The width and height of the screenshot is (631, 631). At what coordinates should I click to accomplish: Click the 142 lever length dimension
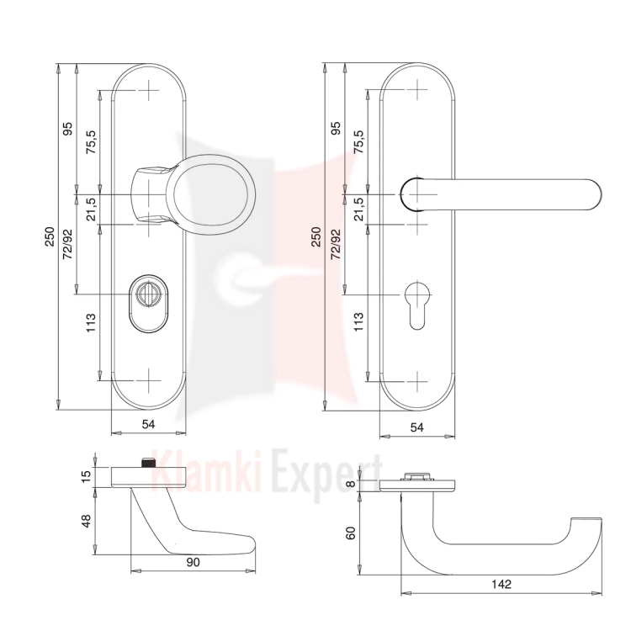pyautogui.click(x=501, y=584)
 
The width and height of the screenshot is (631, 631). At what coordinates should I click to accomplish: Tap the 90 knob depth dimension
pyautogui.click(x=193, y=562)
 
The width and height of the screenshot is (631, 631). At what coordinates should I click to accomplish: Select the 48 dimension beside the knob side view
pyautogui.click(x=86, y=521)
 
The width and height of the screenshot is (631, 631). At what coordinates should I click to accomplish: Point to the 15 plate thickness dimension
pyautogui.click(x=86, y=477)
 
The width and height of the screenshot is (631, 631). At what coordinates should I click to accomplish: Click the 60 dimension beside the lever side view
pyautogui.click(x=351, y=533)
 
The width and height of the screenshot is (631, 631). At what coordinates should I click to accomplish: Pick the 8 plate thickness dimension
pyautogui.click(x=351, y=483)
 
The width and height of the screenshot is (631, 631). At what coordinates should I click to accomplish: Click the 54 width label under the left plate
pyautogui.click(x=148, y=424)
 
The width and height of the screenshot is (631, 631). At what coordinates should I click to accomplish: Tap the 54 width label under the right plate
pyautogui.click(x=416, y=427)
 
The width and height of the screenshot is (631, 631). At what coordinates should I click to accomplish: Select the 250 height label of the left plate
pyautogui.click(x=49, y=236)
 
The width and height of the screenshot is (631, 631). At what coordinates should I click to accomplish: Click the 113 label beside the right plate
pyautogui.click(x=358, y=322)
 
